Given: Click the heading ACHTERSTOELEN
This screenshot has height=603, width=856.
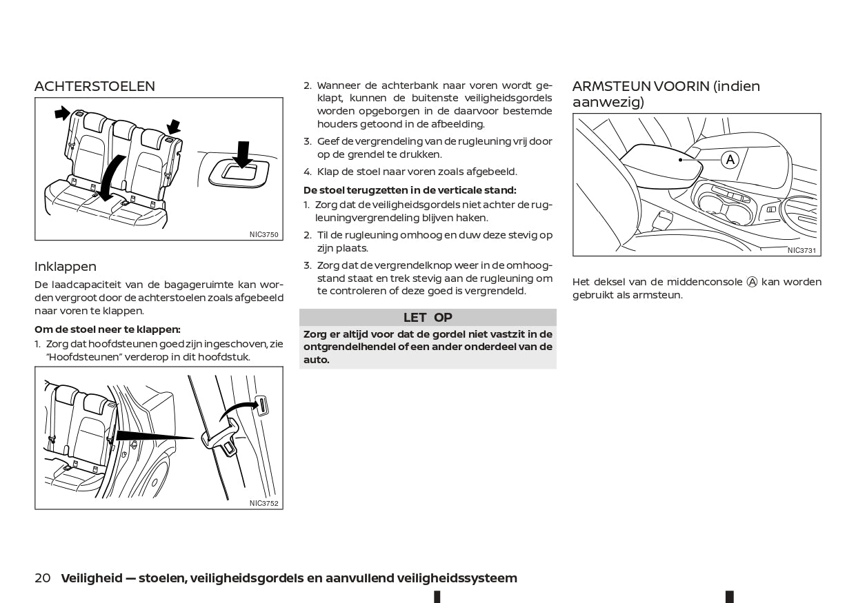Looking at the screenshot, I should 94,86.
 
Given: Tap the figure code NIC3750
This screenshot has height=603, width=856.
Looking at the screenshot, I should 264,234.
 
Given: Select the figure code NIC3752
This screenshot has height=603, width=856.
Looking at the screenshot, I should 264,503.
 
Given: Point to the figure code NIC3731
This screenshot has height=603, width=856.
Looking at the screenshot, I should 802,250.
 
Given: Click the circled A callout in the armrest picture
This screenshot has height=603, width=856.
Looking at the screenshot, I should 730,160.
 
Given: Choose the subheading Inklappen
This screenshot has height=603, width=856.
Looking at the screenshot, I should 66,267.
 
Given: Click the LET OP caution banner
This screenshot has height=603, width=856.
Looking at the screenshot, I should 428,318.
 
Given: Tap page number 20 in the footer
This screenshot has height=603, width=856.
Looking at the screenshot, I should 42,578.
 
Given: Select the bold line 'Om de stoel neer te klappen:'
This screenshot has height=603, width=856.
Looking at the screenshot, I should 108,329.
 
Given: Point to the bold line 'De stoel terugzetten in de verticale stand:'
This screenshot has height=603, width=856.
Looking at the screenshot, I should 410,190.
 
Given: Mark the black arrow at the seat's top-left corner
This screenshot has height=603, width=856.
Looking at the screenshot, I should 62,112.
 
